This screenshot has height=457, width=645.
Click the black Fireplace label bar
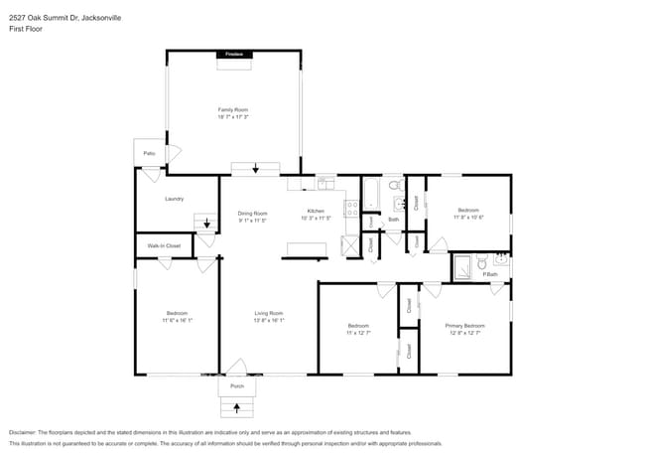(x=233, y=54)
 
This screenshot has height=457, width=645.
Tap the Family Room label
(x=233, y=109)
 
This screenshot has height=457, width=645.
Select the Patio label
(x=149, y=153)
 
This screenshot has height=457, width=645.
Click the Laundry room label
(x=175, y=199)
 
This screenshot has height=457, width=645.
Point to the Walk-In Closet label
(x=164, y=245)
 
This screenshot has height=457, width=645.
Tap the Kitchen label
(x=316, y=212)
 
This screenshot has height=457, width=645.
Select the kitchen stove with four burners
(x=351, y=209)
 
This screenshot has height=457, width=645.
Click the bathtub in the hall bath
(x=370, y=195)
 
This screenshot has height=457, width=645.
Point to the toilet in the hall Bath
(x=394, y=186)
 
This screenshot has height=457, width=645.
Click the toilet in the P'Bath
(x=480, y=264)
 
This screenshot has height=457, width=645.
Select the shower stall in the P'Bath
(x=461, y=266)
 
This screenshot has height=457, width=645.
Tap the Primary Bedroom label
(x=464, y=326)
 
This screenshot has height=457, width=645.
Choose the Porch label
(x=237, y=385)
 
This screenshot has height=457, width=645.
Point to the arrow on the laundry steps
(x=206, y=224)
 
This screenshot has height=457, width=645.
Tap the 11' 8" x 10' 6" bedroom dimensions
(x=468, y=217)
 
